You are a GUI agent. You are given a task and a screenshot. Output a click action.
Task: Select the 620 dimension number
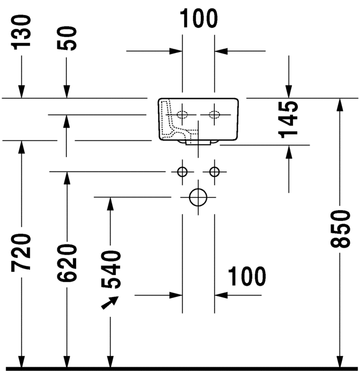click(x=67, y=264)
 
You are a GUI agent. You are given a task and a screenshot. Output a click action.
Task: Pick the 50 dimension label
click(x=67, y=38)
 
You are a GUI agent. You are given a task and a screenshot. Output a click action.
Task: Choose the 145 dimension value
click(x=289, y=119)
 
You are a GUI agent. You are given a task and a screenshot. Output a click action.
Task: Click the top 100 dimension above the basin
click(x=198, y=19)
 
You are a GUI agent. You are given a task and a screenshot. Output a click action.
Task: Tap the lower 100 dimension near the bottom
click(x=246, y=276)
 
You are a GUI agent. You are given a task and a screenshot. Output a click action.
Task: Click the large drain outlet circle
click(x=198, y=197)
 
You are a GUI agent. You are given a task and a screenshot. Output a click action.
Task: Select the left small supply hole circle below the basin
click(x=182, y=172)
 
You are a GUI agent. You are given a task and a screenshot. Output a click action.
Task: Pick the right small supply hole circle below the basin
click(x=215, y=172)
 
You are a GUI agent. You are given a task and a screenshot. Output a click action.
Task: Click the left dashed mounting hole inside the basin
click(x=182, y=114)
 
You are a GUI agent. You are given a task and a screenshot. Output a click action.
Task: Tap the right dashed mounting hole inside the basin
click(x=215, y=114)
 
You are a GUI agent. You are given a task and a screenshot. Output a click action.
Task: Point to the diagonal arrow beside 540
click(x=109, y=303)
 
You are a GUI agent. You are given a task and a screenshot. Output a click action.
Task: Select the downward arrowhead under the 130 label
click(x=22, y=93)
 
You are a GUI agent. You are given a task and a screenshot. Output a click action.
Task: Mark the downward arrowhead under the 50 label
click(x=66, y=93)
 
